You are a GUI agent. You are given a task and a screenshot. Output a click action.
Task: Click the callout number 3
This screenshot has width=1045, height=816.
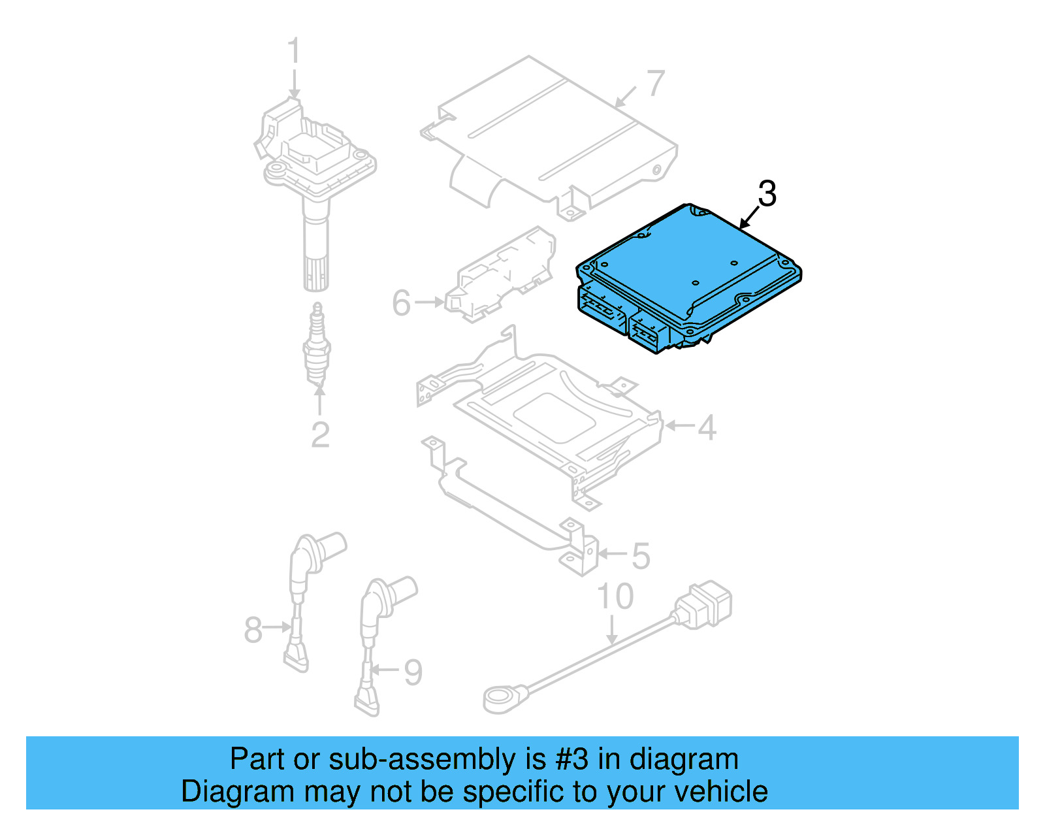point(767,194)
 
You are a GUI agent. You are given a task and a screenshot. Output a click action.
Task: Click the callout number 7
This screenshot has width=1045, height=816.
point(655,84)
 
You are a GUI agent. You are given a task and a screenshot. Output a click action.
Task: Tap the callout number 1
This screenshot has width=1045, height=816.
point(294,52)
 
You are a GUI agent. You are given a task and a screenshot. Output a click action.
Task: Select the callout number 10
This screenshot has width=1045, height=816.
point(615,596)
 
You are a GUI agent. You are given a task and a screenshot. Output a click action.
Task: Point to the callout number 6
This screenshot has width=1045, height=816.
point(402,303)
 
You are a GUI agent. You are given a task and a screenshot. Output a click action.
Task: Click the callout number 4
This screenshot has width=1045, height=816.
point(707,427)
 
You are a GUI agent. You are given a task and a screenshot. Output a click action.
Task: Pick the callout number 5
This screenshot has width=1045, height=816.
point(641,556)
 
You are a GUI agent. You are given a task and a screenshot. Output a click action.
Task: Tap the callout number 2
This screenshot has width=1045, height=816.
point(320,434)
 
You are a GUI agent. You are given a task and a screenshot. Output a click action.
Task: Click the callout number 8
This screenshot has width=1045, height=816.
point(253,630)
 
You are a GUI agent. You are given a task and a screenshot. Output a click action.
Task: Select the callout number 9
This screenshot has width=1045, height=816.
point(413,672)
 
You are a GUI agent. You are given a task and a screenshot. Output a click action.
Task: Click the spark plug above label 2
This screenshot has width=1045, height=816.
point(317,345)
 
